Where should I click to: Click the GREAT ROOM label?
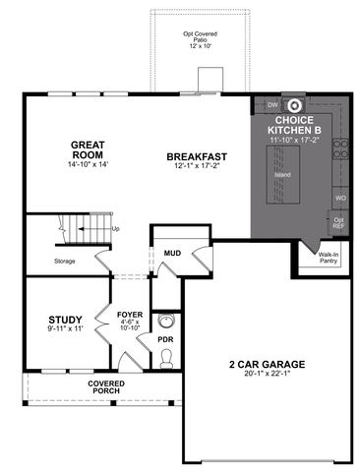tap(88, 150)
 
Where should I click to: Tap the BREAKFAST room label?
tap(197, 156)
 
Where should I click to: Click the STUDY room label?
tap(65, 319)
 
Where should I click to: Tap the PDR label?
tap(165, 338)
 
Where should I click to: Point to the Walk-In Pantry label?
tap(328, 259)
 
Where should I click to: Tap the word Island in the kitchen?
tap(283, 175)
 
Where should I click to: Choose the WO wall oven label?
tap(340, 197)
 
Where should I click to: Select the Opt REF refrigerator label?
tap(339, 223)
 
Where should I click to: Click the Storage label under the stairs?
tap(65, 261)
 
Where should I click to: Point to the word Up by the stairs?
tap(116, 228)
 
